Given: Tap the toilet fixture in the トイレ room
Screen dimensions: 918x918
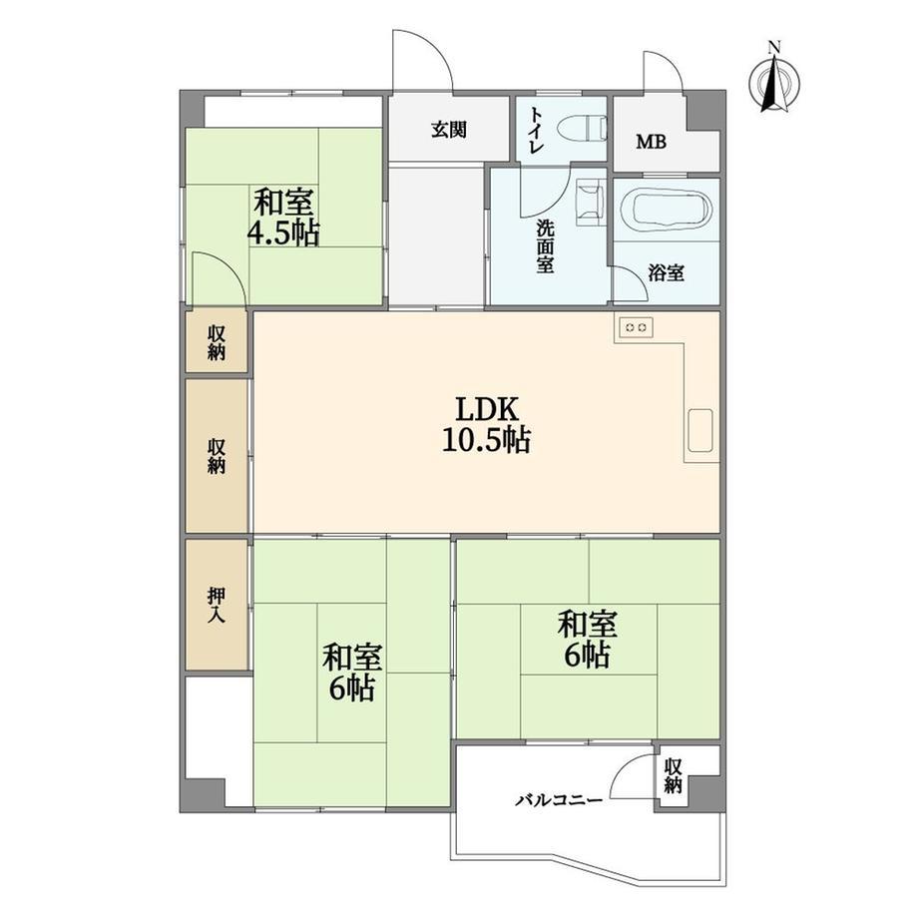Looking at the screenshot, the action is pos(583,128).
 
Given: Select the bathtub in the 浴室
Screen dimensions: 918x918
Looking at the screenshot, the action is pos(666,209).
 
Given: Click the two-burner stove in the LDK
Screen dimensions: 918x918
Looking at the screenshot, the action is pos(636,327).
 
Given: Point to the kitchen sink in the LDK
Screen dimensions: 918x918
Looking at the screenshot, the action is pos(699,430).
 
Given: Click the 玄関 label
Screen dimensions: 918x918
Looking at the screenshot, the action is pos(449,130).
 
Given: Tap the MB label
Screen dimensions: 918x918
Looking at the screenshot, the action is pos(651,142).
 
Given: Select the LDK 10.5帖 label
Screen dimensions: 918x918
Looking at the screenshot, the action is pos(487,425).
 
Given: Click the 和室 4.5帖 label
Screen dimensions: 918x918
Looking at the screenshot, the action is pos(283,218).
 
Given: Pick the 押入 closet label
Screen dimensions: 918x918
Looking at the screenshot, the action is pos(217,605).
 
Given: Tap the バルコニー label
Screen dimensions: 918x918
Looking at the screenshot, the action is pos(559,800).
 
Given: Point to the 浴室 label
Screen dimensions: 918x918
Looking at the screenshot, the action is pos(667,272).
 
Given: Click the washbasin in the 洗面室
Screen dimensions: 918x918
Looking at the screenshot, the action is pos(590,203).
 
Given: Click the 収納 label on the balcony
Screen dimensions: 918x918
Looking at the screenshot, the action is pos(674,775).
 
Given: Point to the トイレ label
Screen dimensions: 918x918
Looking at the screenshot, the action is pos(535,130).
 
